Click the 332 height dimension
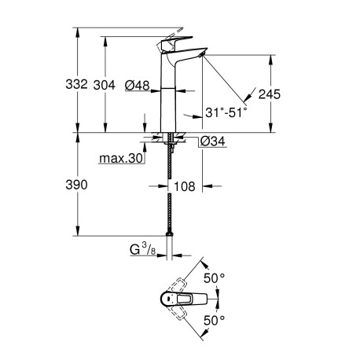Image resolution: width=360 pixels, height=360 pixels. coord(76,84)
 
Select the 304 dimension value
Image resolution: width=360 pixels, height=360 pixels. coord(105,85)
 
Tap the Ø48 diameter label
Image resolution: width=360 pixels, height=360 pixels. coord(137,85)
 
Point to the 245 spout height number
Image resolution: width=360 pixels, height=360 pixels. coord(270,94)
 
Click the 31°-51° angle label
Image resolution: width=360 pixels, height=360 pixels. coord(226,112)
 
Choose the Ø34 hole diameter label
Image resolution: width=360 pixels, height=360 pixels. coord(212,141)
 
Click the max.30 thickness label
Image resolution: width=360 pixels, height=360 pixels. coord(121,159)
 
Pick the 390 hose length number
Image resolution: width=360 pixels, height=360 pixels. coord(76,185)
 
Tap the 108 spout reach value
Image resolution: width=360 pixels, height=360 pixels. coord(185,186)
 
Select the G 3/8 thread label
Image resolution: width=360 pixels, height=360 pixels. coord(143,249)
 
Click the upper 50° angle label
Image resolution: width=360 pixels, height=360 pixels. coord(215,278)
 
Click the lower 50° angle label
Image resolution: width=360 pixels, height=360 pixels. coord(215,320)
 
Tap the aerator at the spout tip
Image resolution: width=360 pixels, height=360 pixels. coord(201,54)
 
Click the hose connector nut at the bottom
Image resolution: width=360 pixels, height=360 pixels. coord(170,234)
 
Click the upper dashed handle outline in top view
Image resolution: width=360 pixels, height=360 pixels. coord(179,285)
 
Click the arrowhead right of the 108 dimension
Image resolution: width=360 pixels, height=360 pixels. coord(207,186)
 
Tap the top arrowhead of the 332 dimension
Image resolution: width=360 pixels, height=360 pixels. coord(78,32)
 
